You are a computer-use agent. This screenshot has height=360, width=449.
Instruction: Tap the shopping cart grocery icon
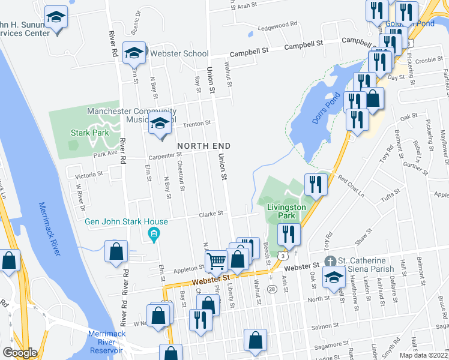tap(215, 260)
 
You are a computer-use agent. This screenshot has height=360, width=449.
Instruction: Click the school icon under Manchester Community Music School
tap(160, 124)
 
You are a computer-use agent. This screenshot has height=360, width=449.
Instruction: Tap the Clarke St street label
tap(211, 213)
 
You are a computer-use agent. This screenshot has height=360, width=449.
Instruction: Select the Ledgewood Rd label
tap(277, 25)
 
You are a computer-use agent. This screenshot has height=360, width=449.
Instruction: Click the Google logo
tap(19, 353)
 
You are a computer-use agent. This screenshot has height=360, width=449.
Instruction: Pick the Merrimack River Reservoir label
tap(105, 341)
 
